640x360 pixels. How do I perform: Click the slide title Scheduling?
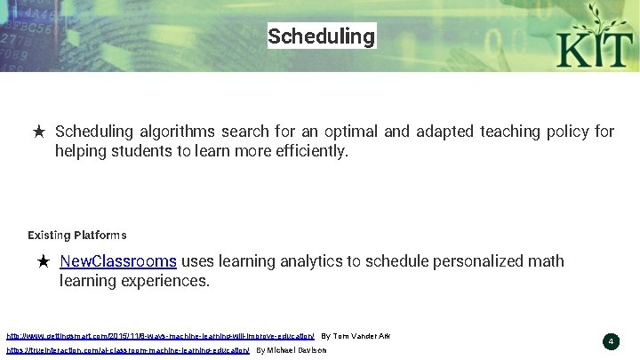coord(321,36)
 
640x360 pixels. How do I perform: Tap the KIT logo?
coord(591,38)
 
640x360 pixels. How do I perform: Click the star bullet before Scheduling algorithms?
coord(39,132)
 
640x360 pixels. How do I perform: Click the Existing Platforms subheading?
coord(77,236)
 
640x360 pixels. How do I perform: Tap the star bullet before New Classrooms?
coord(44,262)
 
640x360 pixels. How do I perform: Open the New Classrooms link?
coord(117,261)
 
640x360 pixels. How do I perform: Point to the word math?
coord(546,261)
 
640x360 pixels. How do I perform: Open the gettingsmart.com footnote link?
coord(161,337)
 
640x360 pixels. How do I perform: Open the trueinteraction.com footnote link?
coord(128,351)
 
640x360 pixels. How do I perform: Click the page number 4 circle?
coord(611,341)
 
